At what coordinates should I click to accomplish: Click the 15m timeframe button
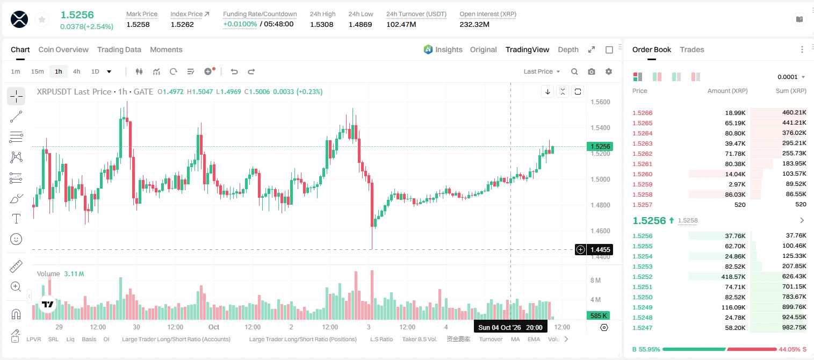coord(38,71)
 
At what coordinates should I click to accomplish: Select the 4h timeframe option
coord(76,71)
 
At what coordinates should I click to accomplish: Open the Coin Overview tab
coord(63,50)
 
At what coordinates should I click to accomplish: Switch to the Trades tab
coord(692,50)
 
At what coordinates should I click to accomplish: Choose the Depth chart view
coord(568,50)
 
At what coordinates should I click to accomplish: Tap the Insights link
coord(449,50)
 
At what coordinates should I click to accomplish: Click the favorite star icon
coord(42,19)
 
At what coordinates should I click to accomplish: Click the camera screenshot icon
coord(592,71)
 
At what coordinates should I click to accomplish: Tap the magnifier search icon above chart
coord(574,71)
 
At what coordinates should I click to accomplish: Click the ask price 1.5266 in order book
coord(643,113)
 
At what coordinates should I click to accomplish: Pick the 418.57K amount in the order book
coord(733,277)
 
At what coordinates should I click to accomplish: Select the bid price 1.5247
coord(643,328)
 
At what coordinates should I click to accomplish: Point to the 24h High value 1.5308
coord(322,24)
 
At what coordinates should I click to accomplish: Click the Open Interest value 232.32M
coord(474,24)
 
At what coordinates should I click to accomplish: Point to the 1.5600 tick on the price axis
coord(600,102)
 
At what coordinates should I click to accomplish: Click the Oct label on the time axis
coord(214,327)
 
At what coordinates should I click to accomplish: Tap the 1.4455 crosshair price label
coord(600,249)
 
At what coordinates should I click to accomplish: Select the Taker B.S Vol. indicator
coord(419,339)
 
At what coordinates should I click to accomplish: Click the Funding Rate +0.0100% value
coord(240,24)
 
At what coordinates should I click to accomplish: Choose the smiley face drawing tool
coord(16,239)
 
